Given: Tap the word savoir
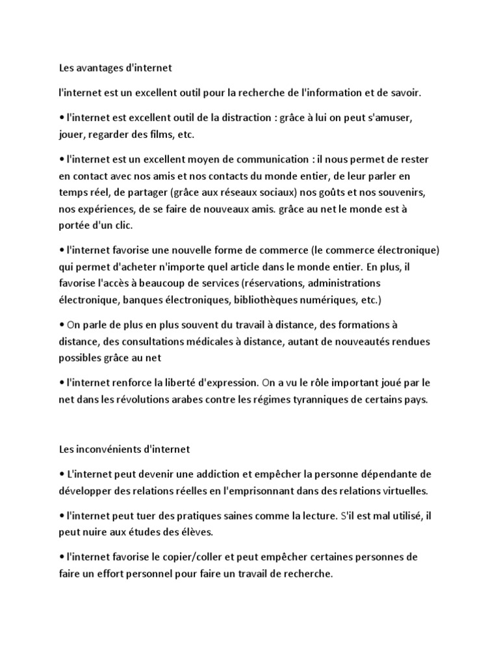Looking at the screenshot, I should [403, 93].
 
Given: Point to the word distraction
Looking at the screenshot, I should [242, 120].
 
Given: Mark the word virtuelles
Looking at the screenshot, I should [409, 490].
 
